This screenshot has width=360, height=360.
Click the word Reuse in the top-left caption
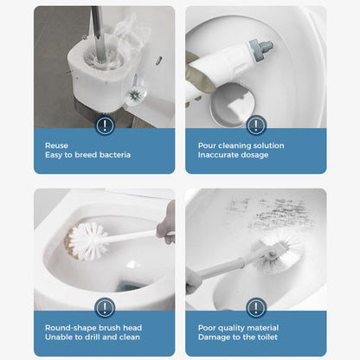click(56, 146)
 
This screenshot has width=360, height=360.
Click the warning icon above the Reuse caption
click(105, 125)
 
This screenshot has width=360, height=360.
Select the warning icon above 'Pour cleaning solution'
click(256, 125)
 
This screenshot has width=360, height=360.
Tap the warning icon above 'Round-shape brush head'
click(105, 307)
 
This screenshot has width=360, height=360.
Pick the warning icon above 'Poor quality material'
click(256, 307)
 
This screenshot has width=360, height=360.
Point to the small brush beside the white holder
click(136, 93)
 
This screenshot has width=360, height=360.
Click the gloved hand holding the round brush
click(166, 223)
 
